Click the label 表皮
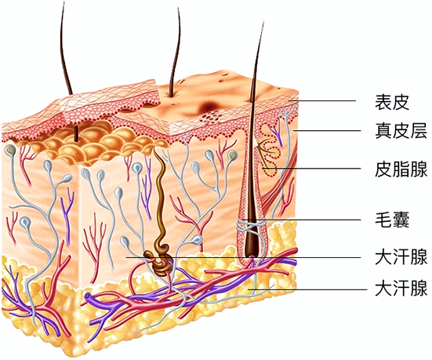(392, 102)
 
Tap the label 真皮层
(401, 130)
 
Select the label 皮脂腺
(401, 169)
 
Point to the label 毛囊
(392, 220)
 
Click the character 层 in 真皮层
(418, 130)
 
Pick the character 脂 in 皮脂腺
(401, 169)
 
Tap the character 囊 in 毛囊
(401, 220)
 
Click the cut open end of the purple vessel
(88, 297)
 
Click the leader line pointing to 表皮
(322, 101)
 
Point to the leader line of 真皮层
(327, 131)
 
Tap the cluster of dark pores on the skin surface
(211, 117)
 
